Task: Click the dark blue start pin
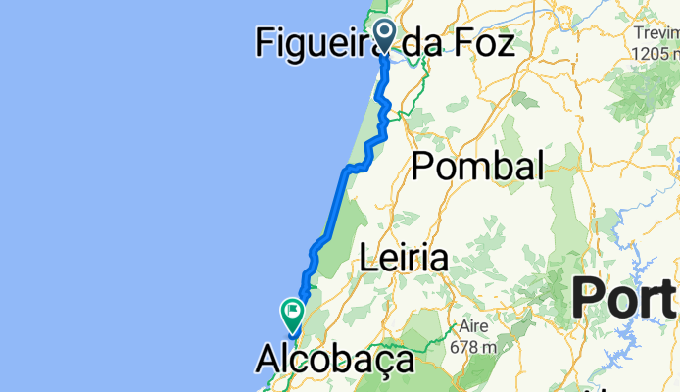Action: click(x=381, y=35)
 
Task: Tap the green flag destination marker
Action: click(x=292, y=313)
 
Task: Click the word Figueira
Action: click(x=316, y=41)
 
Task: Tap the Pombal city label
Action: click(x=477, y=166)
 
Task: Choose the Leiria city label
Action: click(x=404, y=258)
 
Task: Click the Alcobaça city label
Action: click(x=335, y=360)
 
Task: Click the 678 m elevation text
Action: click(x=475, y=346)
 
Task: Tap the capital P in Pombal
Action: click(x=422, y=166)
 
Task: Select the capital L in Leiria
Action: click(x=368, y=258)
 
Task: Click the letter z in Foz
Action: click(x=504, y=41)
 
